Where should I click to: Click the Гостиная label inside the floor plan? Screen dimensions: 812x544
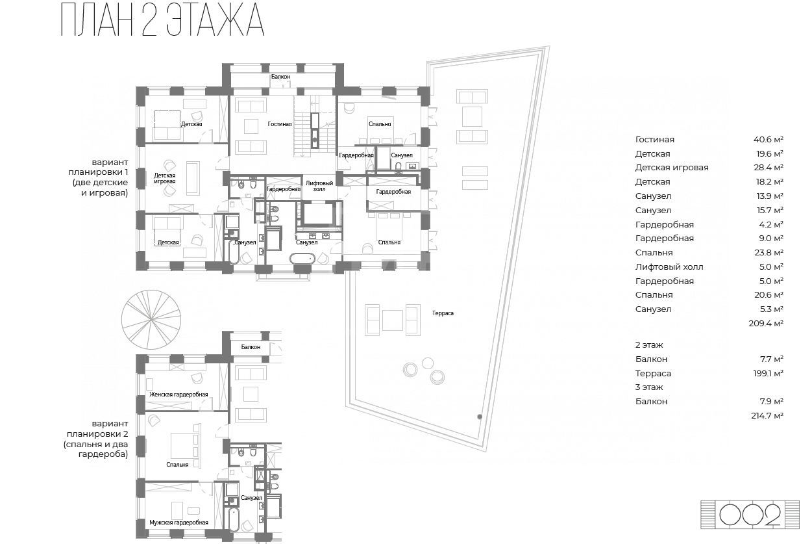pyautogui.click(x=280, y=124)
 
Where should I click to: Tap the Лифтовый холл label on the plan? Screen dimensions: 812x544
pyautogui.click(x=319, y=186)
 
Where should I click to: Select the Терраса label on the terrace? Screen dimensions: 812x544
pyautogui.click(x=443, y=313)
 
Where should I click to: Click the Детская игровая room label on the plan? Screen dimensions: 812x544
pyautogui.click(x=165, y=179)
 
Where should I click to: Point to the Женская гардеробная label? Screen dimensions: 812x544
pyautogui.click(x=178, y=395)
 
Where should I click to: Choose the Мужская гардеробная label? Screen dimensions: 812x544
pyautogui.click(x=178, y=523)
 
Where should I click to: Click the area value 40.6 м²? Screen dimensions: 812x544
pyautogui.click(x=769, y=140)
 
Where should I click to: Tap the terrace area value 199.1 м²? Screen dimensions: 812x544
pyautogui.click(x=768, y=374)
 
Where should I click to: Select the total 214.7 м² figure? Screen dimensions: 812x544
pyautogui.click(x=767, y=416)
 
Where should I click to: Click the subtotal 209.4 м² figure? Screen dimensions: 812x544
pyautogui.click(x=766, y=324)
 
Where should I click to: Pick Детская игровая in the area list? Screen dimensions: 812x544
pyautogui.click(x=672, y=168)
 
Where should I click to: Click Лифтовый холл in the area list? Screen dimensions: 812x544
pyautogui.click(x=669, y=267)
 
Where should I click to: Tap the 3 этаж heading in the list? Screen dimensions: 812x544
pyautogui.click(x=649, y=387)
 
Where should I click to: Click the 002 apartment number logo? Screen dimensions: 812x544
pyautogui.click(x=750, y=515)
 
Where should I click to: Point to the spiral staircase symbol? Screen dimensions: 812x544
pyautogui.click(x=151, y=320)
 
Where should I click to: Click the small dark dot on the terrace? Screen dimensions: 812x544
pyautogui.click(x=480, y=417)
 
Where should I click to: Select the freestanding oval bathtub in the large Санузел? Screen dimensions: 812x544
pyautogui.click(x=302, y=259)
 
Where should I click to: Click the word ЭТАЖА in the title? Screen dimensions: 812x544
pyautogui.click(x=215, y=20)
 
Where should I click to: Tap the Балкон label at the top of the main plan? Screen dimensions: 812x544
pyautogui.click(x=280, y=77)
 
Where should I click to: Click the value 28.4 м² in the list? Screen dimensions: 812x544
pyautogui.click(x=769, y=168)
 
